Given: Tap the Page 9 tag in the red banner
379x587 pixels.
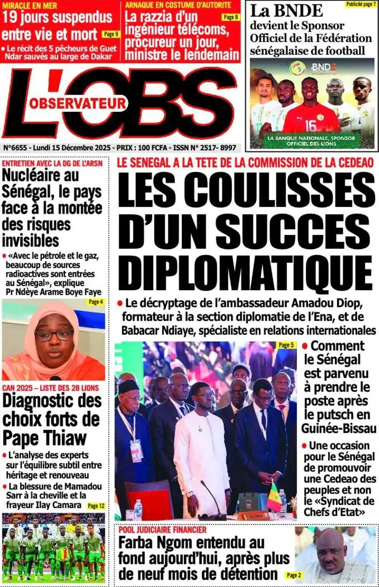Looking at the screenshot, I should [x=111, y=34].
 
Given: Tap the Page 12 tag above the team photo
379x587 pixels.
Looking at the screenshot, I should [x=96, y=505].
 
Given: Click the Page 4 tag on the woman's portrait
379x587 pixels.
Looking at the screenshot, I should [x=96, y=302].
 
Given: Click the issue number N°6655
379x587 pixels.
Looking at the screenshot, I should [x=20, y=148].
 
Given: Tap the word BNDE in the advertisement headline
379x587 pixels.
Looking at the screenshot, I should [x=295, y=11].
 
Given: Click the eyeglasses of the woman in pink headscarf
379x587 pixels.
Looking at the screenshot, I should [x=54, y=335].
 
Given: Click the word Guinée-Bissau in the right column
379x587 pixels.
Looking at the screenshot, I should [x=340, y=429].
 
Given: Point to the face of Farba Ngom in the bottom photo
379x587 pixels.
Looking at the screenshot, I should [x=331, y=550].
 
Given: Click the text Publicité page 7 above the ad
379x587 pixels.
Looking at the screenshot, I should [x=360, y=4].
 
